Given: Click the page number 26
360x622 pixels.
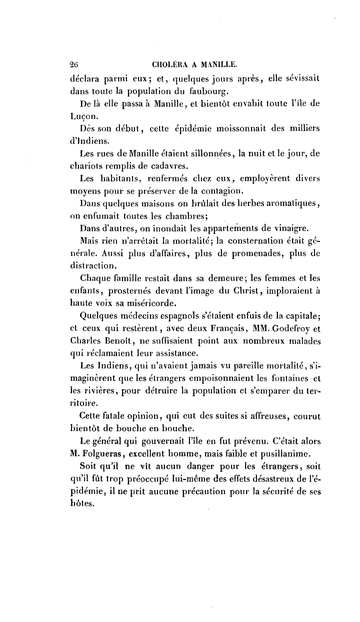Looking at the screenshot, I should [75, 64].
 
